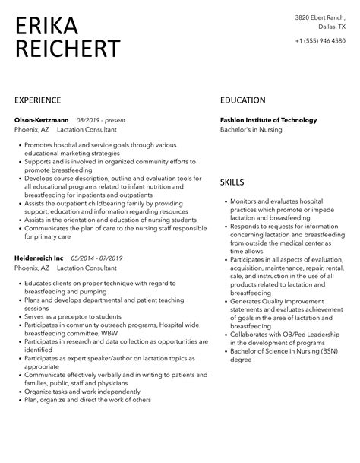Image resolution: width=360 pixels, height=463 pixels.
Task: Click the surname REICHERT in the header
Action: pyautogui.click(x=68, y=49)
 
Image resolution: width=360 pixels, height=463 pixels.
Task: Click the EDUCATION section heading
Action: pyautogui.click(x=243, y=100)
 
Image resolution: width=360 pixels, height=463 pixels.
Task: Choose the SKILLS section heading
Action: pyautogui.click(x=232, y=182)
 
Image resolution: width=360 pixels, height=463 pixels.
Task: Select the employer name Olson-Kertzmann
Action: pyautogui.click(x=42, y=120)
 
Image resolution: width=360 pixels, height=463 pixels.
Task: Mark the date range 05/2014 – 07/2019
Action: pyautogui.click(x=97, y=258)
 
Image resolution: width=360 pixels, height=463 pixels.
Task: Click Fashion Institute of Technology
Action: pyautogui.click(x=268, y=120)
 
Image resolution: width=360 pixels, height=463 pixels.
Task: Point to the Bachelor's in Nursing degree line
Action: pyautogui.click(x=251, y=130)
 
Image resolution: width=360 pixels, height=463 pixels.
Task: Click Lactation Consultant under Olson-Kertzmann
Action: pyautogui.click(x=87, y=130)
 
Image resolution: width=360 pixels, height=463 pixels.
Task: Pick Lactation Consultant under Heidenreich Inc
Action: pyautogui.click(x=87, y=268)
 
